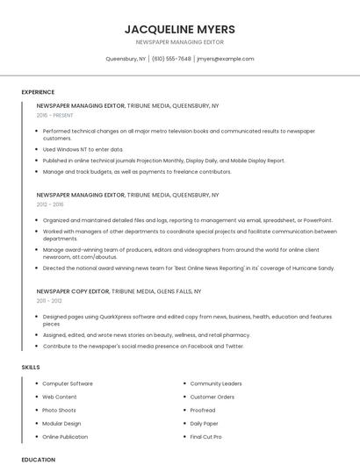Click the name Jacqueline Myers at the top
pyautogui.click(x=179, y=29)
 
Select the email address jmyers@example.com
pyautogui.click(x=226, y=59)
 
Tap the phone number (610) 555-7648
pyautogui.click(x=171, y=59)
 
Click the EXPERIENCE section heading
pyautogui.click(x=38, y=92)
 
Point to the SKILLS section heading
pyautogui.click(x=30, y=367)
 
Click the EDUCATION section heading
pyautogui.click(x=38, y=459)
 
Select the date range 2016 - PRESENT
pyautogui.click(x=55, y=115)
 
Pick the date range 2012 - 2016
pyautogui.click(x=50, y=204)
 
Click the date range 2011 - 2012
pyautogui.click(x=49, y=300)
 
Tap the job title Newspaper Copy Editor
pyautogui.click(x=73, y=290)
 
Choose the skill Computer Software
pyautogui.click(x=68, y=383)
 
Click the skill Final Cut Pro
pyautogui.click(x=205, y=436)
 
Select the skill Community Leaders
pyautogui.click(x=216, y=383)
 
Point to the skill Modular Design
pyautogui.click(x=62, y=423)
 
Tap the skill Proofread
pyautogui.click(x=203, y=410)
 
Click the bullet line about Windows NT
pyautogui.click(x=83, y=149)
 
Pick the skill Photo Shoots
pyautogui.click(x=60, y=410)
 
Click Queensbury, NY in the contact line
pyautogui.click(x=126, y=59)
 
